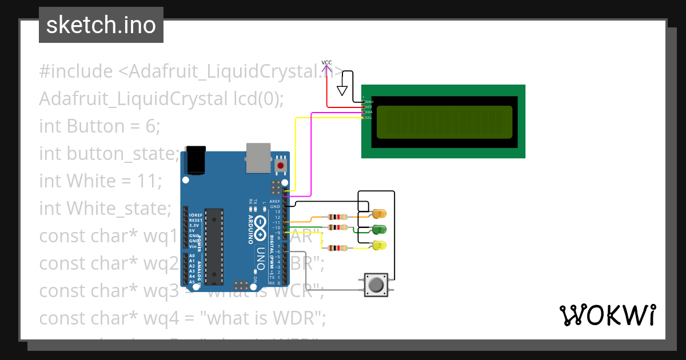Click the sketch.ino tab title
tap(101, 25)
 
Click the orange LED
tap(378, 214)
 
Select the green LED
tap(378, 230)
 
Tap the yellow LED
tap(378, 246)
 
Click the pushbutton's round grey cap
tap(376, 285)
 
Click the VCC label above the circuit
tap(326, 63)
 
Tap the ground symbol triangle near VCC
tap(342, 90)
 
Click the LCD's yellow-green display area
tap(443, 122)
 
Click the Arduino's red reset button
tap(280, 165)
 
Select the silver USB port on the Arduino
tap(259, 158)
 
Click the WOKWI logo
tap(607, 315)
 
